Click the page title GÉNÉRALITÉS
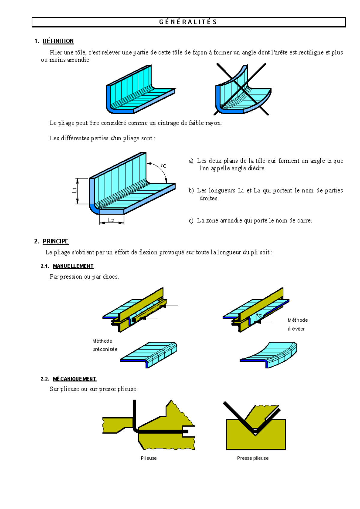(188, 22)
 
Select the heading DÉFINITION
(58, 41)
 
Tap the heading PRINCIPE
(55, 241)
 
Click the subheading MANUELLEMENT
(73, 266)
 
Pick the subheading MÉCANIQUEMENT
(75, 379)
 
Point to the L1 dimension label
(74, 190)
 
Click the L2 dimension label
(111, 220)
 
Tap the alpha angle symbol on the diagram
(163, 166)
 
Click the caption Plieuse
(148, 458)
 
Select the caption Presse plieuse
(253, 458)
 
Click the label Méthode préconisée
(105, 345)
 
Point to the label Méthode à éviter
(297, 324)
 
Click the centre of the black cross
(241, 89)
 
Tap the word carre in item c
(304, 221)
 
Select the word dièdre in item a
(256, 168)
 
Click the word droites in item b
(209, 198)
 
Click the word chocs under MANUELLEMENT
(110, 277)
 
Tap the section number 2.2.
(45, 379)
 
